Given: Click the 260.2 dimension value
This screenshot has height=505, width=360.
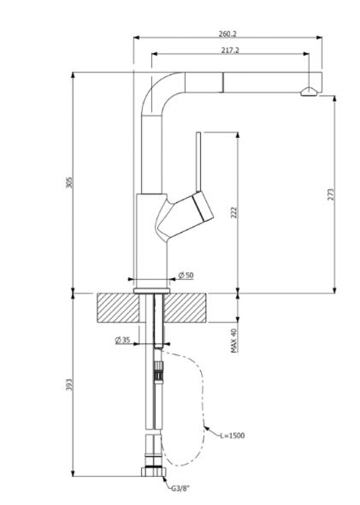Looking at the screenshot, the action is (x=227, y=34).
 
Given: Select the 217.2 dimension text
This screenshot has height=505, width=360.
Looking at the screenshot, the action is (x=230, y=50).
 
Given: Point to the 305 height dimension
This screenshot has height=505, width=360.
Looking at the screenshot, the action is (x=70, y=182).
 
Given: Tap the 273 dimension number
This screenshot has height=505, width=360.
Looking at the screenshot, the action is (x=331, y=194).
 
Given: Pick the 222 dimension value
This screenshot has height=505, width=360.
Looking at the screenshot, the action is (x=234, y=212).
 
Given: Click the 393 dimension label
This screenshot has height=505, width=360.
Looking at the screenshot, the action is (x=70, y=384).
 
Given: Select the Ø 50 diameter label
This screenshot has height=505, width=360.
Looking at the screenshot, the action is (x=186, y=276).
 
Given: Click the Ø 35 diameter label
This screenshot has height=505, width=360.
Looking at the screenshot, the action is (x=122, y=340).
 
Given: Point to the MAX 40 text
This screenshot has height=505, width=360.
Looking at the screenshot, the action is (x=234, y=341).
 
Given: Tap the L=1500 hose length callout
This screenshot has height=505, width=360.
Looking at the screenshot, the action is (x=233, y=436).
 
